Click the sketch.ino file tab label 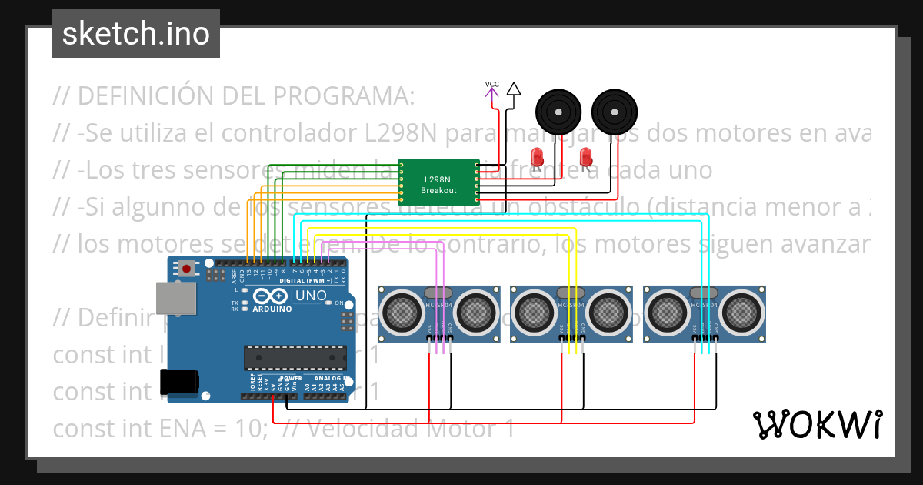coord(135,34)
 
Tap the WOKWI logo coord(817,424)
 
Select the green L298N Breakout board coord(438,180)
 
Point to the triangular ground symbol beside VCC coord(514,89)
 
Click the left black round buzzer coord(558,112)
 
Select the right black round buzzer coord(614,112)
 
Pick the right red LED coord(586,156)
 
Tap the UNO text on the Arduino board coord(311,296)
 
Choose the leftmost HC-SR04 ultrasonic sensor coord(438,313)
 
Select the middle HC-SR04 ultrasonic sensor coord(571,313)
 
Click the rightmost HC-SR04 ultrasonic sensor coord(705,313)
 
